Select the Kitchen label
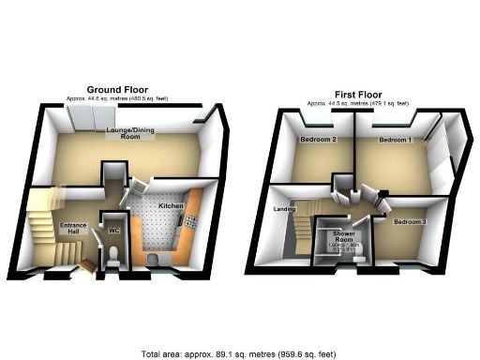171,203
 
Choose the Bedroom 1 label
396,140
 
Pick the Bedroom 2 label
318,140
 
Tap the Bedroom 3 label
410,221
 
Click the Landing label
283,209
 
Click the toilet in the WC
112,255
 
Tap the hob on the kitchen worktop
190,221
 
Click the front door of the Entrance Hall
87,267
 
